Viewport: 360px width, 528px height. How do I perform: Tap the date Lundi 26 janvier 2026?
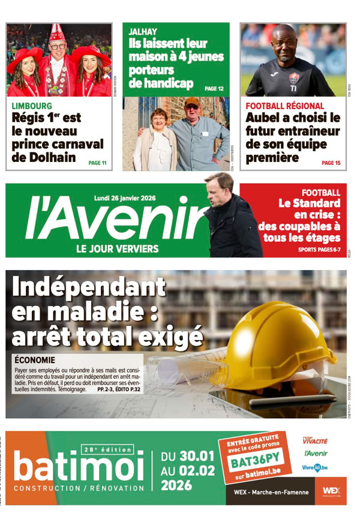coord(125,198)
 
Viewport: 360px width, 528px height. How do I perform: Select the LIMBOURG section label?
coord(32,106)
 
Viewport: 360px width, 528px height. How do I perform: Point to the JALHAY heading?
coord(142,32)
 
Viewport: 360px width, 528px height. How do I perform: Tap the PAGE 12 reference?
coord(214,89)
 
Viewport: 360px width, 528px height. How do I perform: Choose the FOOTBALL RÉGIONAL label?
coord(284,106)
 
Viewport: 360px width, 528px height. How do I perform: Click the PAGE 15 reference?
coord(331,163)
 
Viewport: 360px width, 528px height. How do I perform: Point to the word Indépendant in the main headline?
coord(88,287)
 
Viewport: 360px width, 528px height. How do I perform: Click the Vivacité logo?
coord(316,439)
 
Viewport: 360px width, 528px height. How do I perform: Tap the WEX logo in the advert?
coord(331,491)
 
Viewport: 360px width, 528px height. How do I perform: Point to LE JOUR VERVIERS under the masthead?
coord(117,248)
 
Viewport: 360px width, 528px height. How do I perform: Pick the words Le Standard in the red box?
coord(309,203)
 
